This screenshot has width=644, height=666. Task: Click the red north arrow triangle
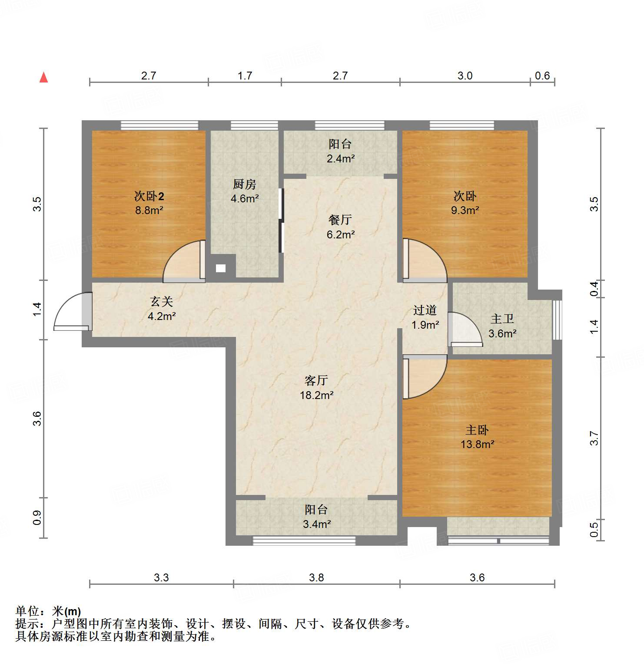pyautogui.click(x=43, y=77)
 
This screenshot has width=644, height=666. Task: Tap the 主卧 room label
pyautogui.click(x=477, y=430)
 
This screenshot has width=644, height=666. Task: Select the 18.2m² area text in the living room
pyautogui.click(x=316, y=395)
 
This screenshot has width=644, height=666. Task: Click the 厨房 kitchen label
pyautogui.click(x=244, y=185)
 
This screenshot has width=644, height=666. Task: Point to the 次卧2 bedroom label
pyautogui.click(x=149, y=196)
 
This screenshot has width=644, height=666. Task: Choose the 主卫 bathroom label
pyautogui.click(x=502, y=319)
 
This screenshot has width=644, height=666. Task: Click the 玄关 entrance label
pyautogui.click(x=162, y=301)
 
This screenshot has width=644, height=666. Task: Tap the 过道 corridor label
pyautogui.click(x=425, y=310)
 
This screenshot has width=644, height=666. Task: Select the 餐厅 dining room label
pyautogui.click(x=340, y=220)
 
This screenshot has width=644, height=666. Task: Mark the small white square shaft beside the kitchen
pyautogui.click(x=221, y=268)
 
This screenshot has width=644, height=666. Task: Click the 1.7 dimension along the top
pyautogui.click(x=245, y=76)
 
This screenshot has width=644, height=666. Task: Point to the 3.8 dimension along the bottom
pyautogui.click(x=316, y=577)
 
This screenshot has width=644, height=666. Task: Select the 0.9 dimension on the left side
pyautogui.click(x=37, y=518)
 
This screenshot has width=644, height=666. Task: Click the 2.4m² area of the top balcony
pyautogui.click(x=340, y=158)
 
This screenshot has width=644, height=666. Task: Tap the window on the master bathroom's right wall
pyautogui.click(x=557, y=320)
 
